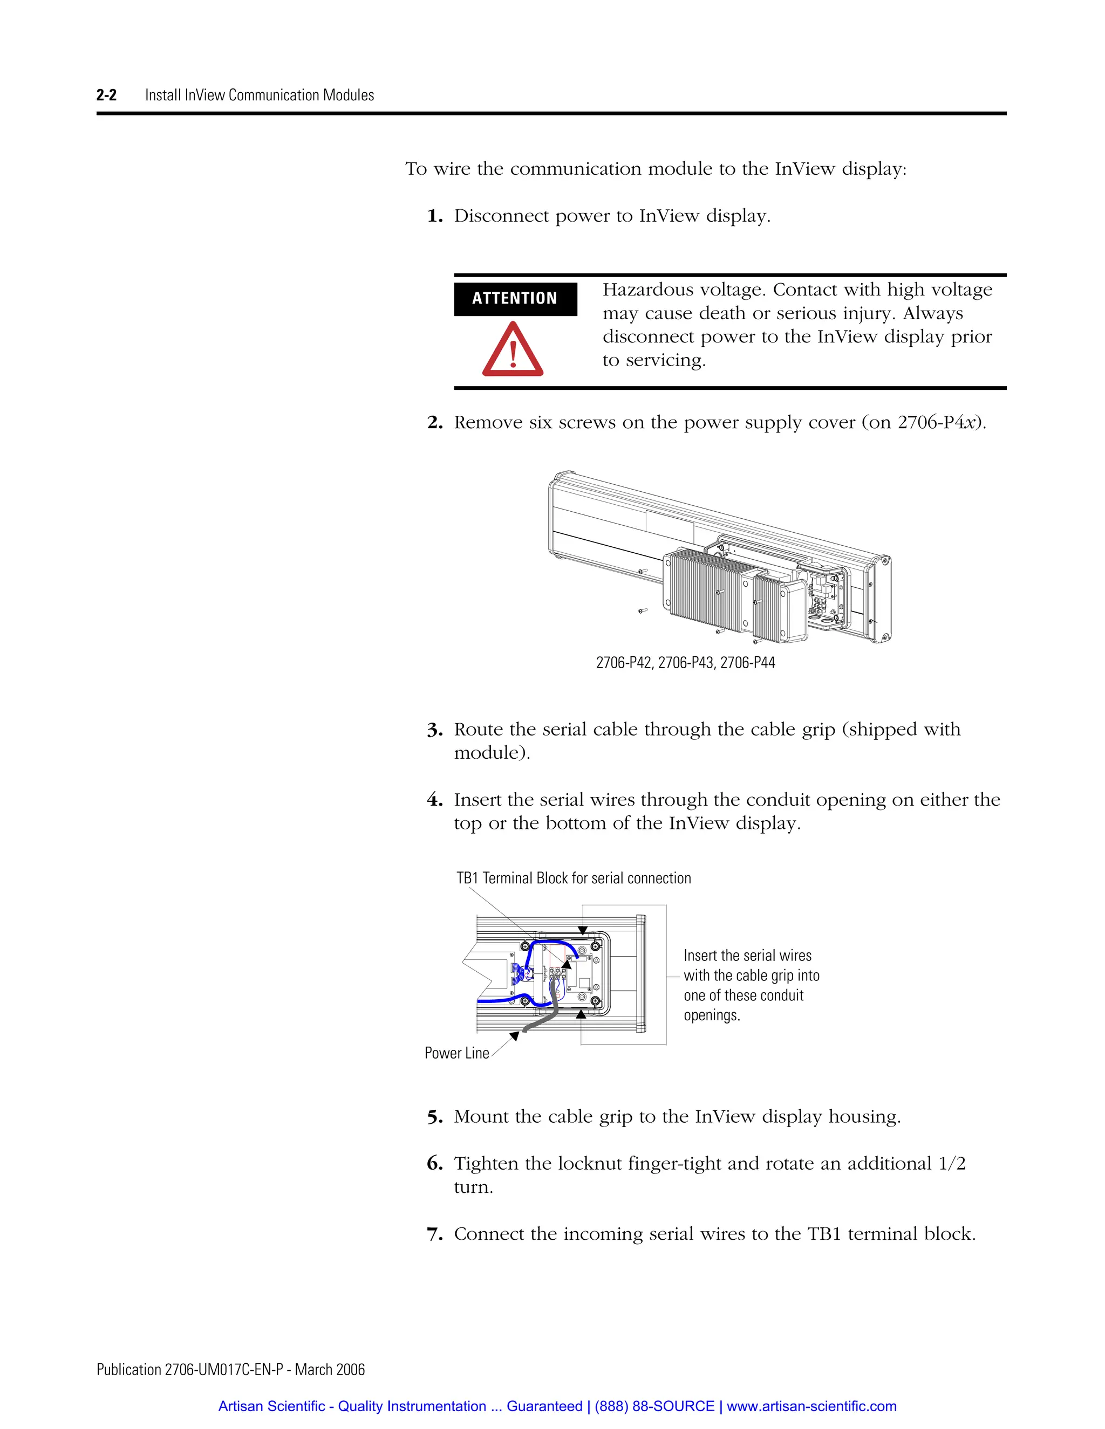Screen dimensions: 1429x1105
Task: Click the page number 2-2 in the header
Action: (x=106, y=95)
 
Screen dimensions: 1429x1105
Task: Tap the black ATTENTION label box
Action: (x=515, y=299)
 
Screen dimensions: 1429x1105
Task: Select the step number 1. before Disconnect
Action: (x=435, y=217)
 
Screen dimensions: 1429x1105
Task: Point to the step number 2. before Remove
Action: (x=435, y=423)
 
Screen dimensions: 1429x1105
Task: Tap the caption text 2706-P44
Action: (x=748, y=663)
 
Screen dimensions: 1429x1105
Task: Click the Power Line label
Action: (x=456, y=1053)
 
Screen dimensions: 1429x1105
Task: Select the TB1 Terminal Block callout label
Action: (x=573, y=878)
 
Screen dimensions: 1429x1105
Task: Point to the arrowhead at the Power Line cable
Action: (x=515, y=1036)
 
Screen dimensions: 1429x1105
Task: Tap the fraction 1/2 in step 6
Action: (x=952, y=1164)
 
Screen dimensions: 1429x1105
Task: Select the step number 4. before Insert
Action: (x=435, y=800)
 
